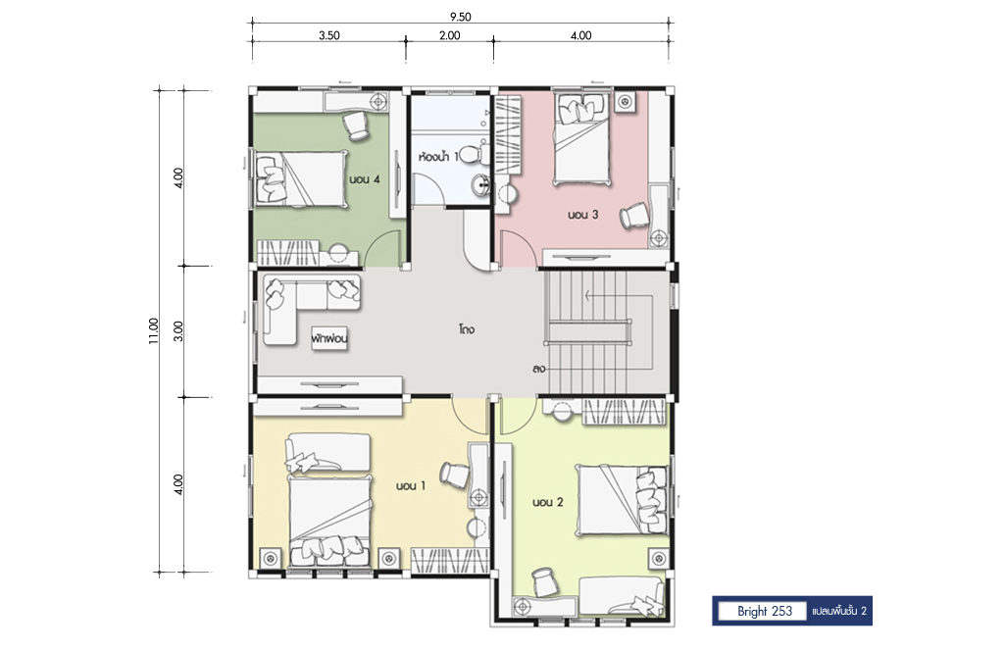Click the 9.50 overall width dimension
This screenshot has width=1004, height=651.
(x=460, y=18)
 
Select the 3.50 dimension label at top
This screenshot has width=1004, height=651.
(x=329, y=36)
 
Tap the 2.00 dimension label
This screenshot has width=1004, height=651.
(x=449, y=36)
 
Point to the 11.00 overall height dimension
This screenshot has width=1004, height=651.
(x=153, y=331)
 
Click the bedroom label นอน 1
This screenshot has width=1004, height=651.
(x=411, y=486)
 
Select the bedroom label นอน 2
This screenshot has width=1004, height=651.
(x=548, y=503)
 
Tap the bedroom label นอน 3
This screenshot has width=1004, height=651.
(x=582, y=215)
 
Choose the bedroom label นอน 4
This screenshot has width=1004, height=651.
(x=365, y=179)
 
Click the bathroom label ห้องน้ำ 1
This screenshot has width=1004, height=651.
(x=438, y=156)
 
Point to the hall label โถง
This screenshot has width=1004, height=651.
(x=466, y=330)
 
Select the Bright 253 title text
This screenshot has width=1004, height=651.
(x=765, y=612)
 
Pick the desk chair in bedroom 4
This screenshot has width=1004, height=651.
(x=356, y=125)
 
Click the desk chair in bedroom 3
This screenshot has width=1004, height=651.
(x=634, y=215)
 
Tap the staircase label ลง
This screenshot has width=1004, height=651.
(x=538, y=370)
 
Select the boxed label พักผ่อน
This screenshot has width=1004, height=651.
(x=330, y=339)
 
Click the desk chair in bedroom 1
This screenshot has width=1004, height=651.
(x=454, y=475)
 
